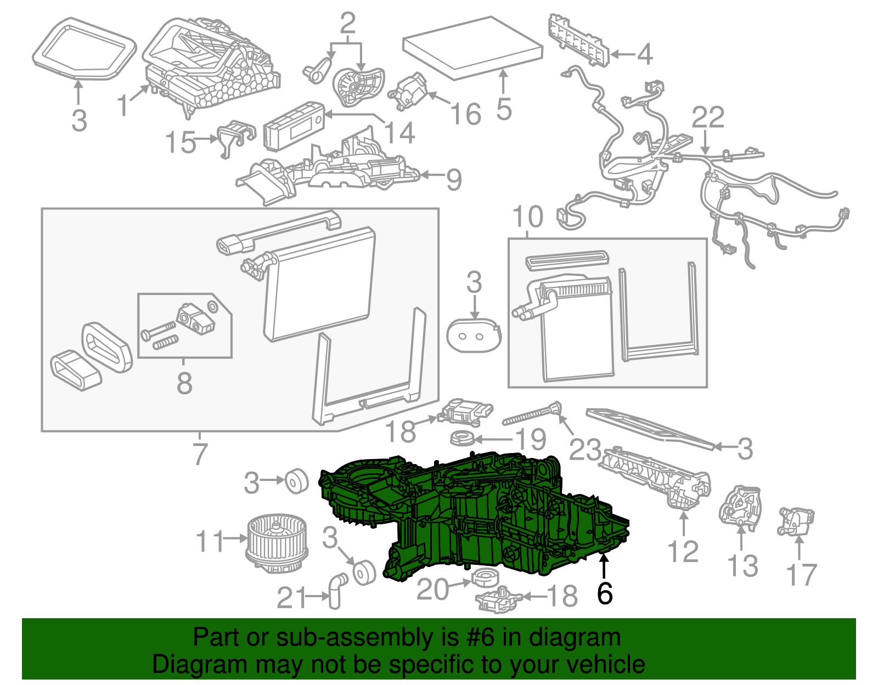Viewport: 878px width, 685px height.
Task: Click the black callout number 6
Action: pyautogui.click(x=604, y=594)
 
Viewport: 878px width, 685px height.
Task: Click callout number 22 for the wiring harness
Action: pyautogui.click(x=708, y=117)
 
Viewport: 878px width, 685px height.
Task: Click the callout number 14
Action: pyautogui.click(x=399, y=133)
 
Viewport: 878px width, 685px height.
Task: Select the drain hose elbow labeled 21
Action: pyautogui.click(x=336, y=591)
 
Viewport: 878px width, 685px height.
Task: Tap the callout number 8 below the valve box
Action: pyautogui.click(x=184, y=383)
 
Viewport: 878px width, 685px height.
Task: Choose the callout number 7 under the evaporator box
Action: pyautogui.click(x=200, y=454)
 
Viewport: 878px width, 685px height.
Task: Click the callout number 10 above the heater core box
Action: pyautogui.click(x=527, y=217)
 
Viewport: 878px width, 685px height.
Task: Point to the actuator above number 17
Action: pyautogui.click(x=796, y=521)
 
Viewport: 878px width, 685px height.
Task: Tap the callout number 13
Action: pyautogui.click(x=742, y=566)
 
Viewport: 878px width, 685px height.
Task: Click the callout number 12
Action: pyautogui.click(x=683, y=551)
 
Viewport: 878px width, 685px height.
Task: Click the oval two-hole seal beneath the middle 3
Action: pyautogui.click(x=473, y=335)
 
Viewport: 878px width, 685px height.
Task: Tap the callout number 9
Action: pyautogui.click(x=453, y=180)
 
